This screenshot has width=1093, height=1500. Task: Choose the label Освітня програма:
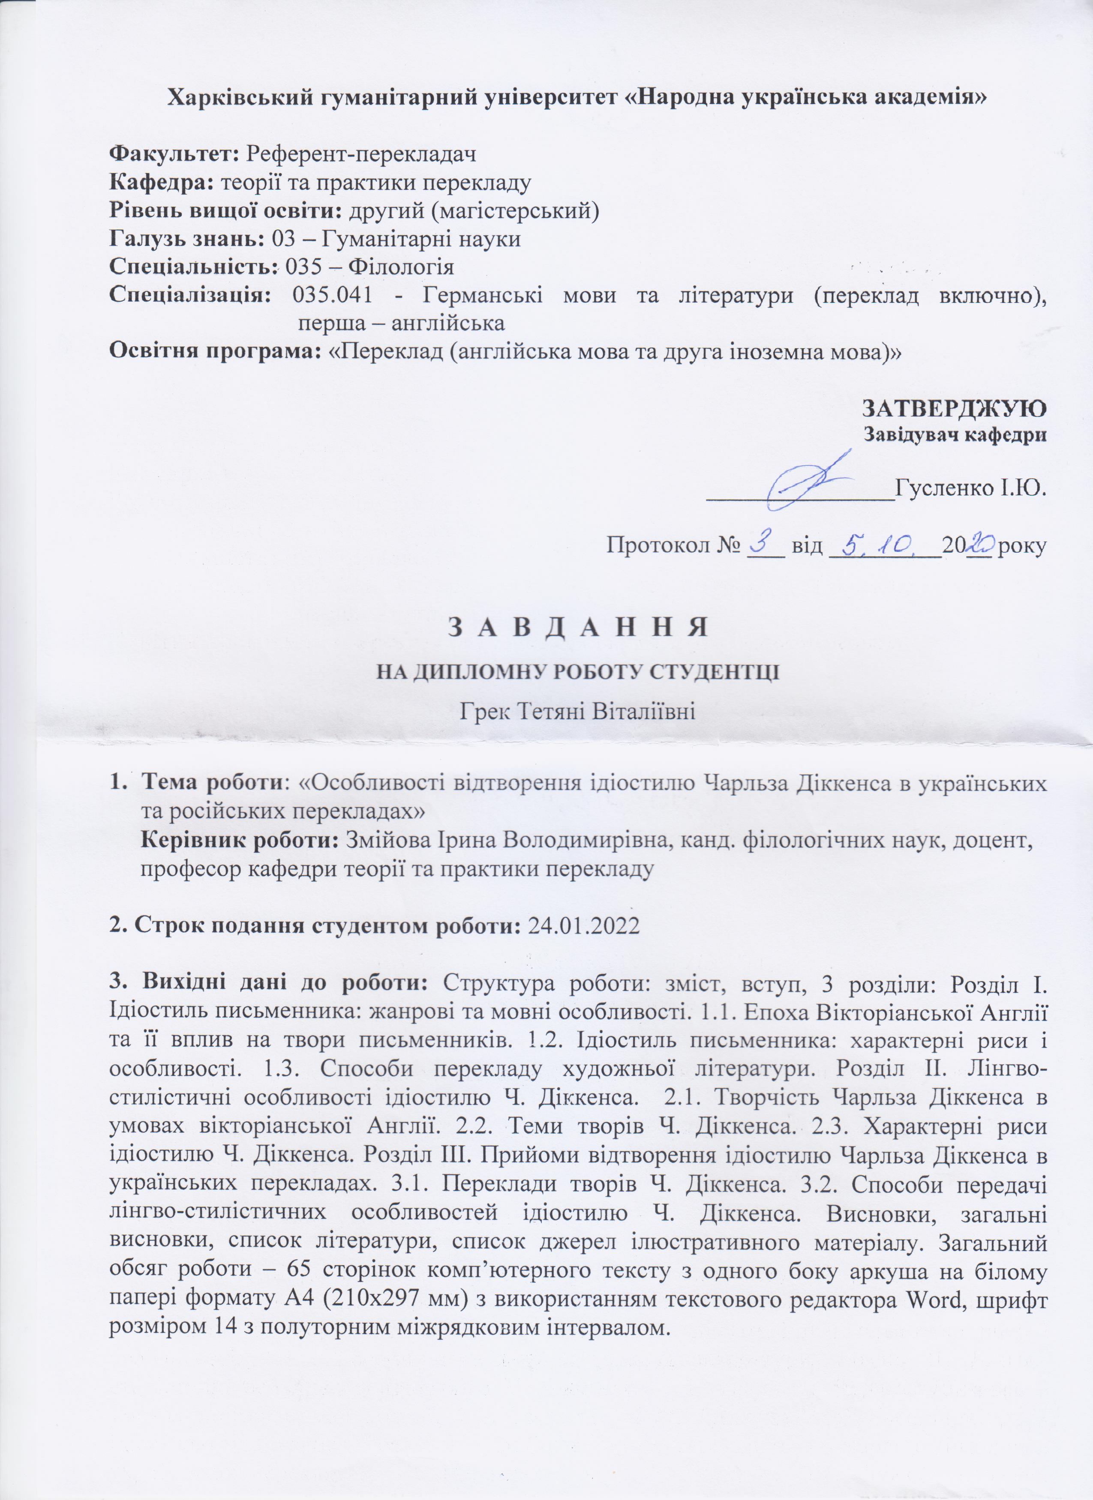click(x=216, y=352)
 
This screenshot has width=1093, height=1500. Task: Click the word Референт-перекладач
click(x=360, y=154)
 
